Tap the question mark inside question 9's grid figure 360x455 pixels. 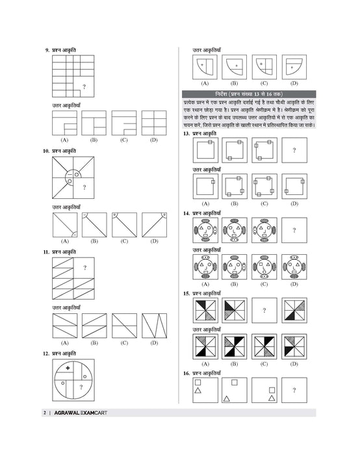click(84, 87)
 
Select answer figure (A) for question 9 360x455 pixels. click(64, 123)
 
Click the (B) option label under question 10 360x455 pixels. click(94, 241)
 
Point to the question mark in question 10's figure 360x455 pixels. click(84, 188)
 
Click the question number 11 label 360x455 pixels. click(46, 251)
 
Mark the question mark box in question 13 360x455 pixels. click(294, 151)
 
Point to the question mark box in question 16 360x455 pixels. click(294, 390)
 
